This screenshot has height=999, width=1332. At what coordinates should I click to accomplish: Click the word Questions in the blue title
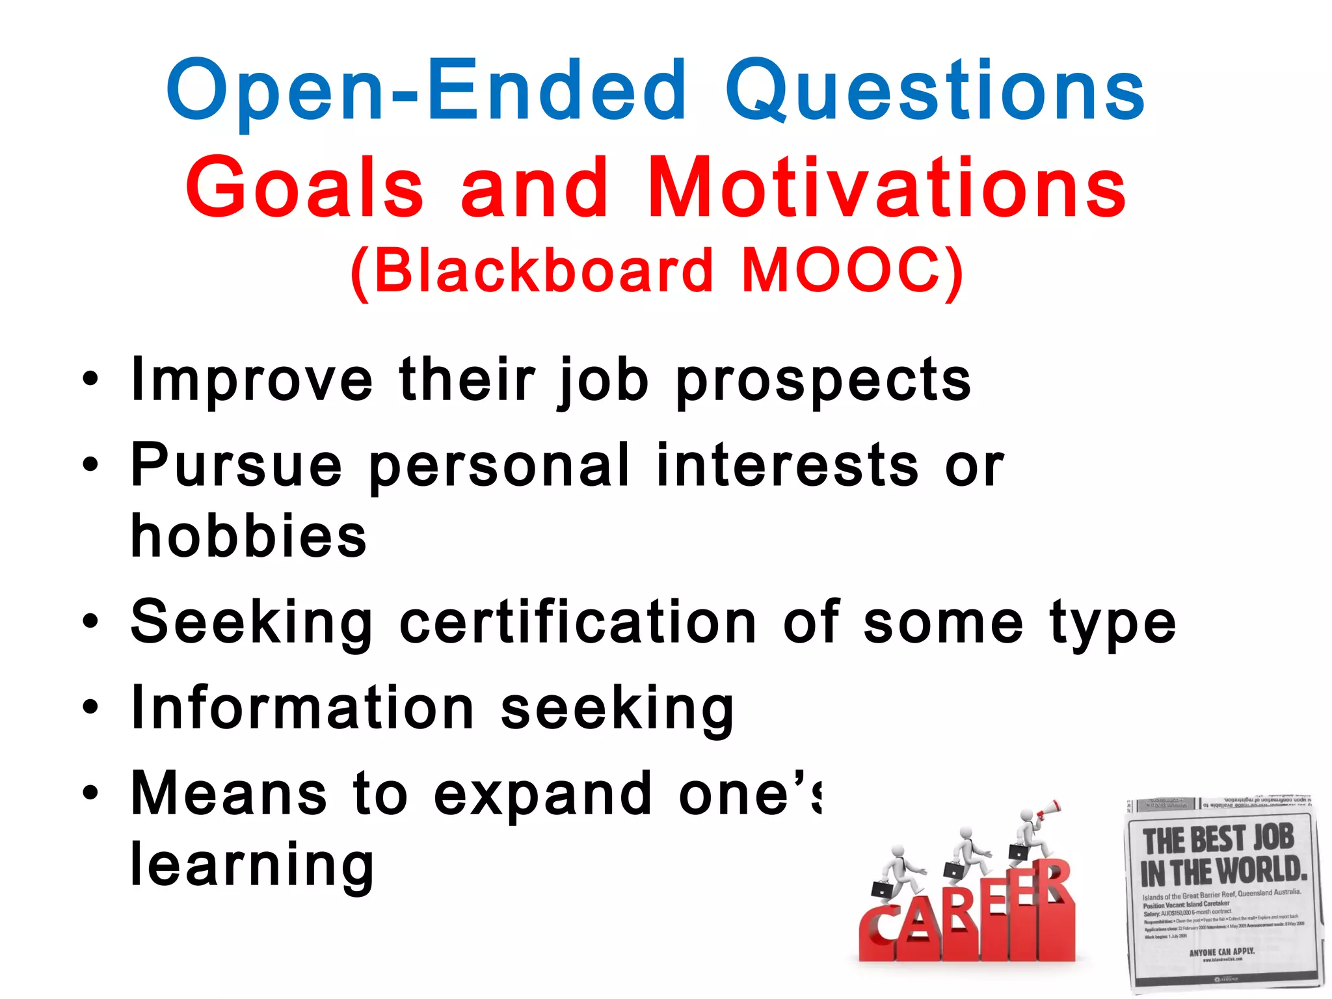[x=935, y=91]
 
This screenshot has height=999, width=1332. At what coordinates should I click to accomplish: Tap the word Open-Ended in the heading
[x=426, y=91]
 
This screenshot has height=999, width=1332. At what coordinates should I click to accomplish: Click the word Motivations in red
[x=887, y=189]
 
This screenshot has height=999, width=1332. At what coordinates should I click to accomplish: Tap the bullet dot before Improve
[x=90, y=379]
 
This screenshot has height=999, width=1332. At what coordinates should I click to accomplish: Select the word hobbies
[x=249, y=536]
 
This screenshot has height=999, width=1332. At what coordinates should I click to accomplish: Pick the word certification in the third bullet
[x=578, y=623]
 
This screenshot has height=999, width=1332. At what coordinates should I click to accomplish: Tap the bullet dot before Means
[x=90, y=793]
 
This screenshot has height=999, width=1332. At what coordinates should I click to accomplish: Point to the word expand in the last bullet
[x=542, y=795]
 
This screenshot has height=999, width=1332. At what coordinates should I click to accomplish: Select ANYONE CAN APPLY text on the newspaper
[x=1221, y=952]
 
